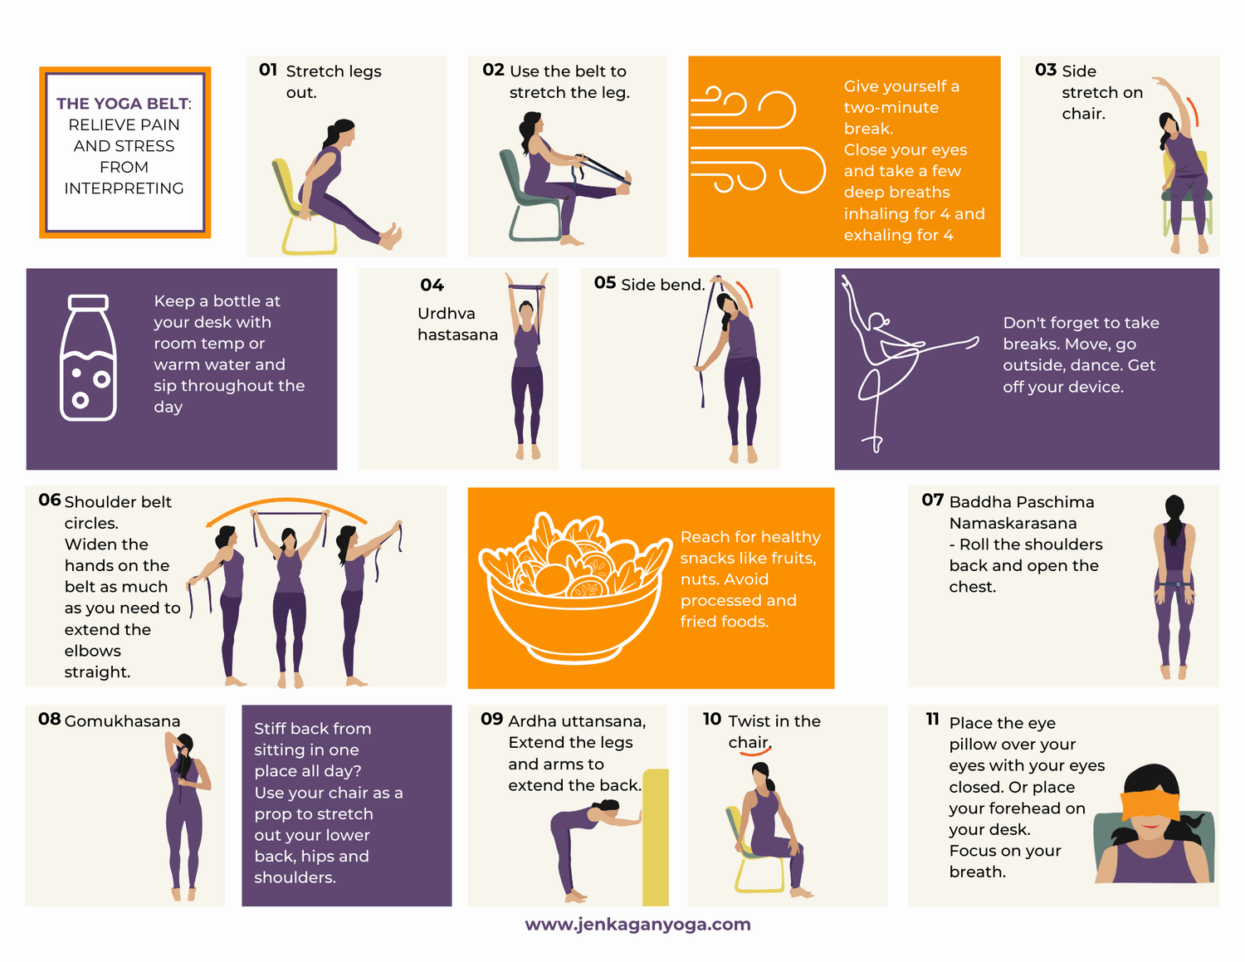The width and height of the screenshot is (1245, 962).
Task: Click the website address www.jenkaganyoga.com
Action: [637, 924]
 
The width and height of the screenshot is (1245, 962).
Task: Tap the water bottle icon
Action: [88, 358]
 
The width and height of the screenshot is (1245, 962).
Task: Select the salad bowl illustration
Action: [574, 588]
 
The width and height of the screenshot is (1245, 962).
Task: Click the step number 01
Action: [267, 70]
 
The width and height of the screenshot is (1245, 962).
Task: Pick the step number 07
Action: [932, 501]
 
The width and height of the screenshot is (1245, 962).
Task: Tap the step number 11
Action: [932, 719]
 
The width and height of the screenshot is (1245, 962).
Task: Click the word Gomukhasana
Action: [122, 721]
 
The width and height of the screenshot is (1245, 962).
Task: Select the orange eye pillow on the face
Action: [1150, 805]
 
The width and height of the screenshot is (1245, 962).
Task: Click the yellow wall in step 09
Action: [656, 837]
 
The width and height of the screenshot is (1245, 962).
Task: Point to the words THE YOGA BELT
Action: [122, 104]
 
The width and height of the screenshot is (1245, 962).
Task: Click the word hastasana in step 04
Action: [457, 335]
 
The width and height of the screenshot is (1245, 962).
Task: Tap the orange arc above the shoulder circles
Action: [286, 501]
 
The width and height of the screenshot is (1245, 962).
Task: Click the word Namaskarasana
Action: [1013, 524]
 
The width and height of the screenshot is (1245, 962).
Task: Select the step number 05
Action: [604, 282]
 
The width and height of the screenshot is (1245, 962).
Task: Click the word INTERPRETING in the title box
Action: [124, 188]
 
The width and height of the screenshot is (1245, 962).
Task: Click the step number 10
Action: [711, 719]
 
